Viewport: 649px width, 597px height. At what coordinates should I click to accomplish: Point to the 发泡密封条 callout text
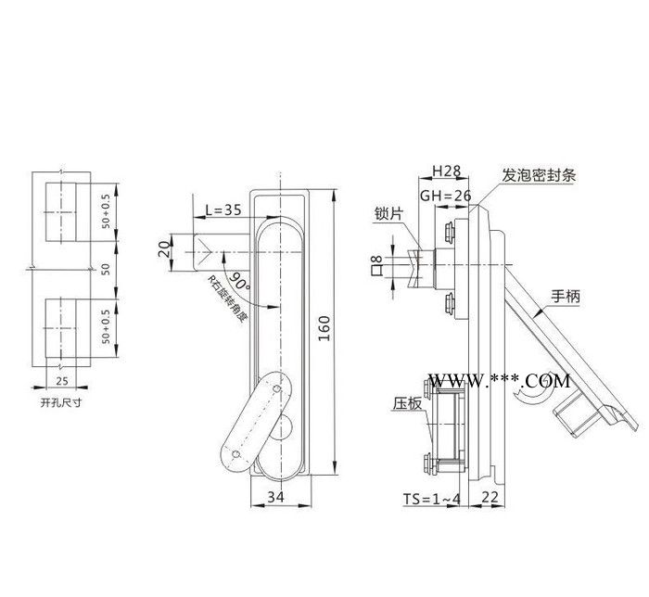[539, 173]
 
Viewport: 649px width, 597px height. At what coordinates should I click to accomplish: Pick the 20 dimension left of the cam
[164, 249]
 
